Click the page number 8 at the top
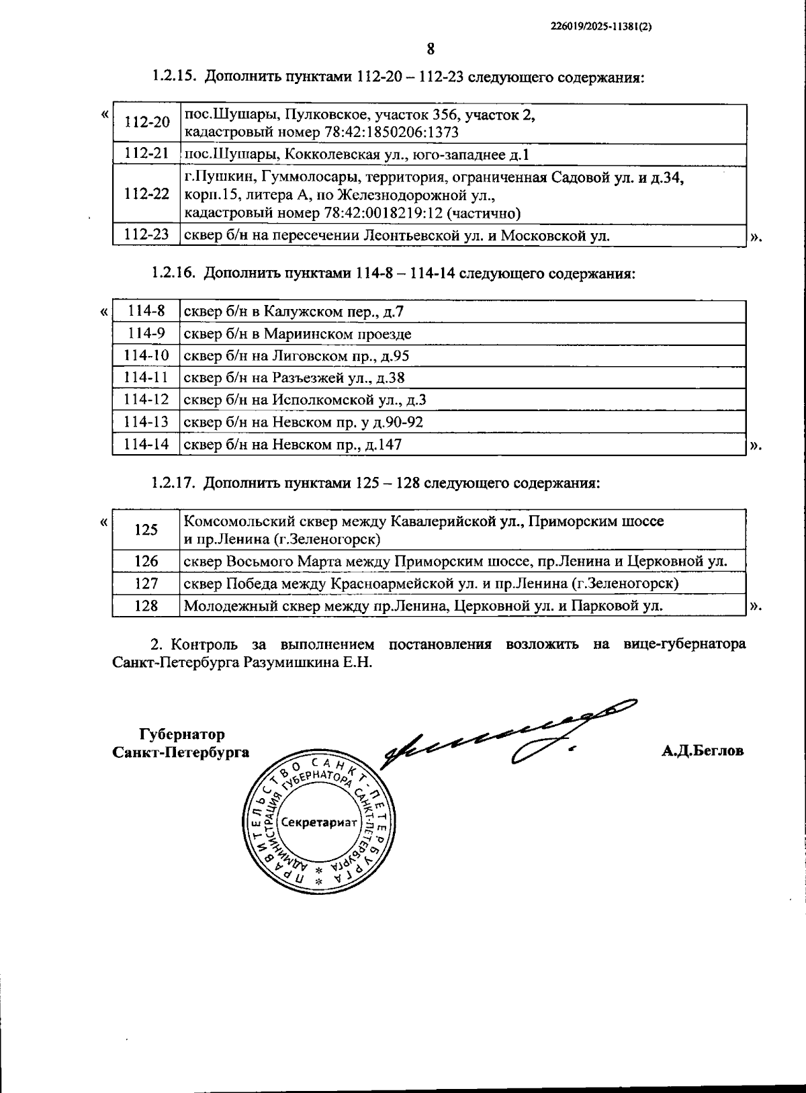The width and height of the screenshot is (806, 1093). coord(431,49)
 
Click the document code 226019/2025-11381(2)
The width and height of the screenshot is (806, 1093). coord(601,27)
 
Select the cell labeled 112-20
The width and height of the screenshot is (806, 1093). coord(147,122)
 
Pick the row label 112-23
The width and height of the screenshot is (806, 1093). coord(147,234)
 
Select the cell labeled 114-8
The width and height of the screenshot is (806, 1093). coord(146,311)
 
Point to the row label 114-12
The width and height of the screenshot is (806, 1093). coord(146,400)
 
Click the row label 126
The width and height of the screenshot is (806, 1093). coord(146,561)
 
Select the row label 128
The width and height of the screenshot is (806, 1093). coord(146,605)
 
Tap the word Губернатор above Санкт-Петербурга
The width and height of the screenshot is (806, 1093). coord(181,734)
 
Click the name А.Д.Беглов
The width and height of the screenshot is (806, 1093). coord(702,751)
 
